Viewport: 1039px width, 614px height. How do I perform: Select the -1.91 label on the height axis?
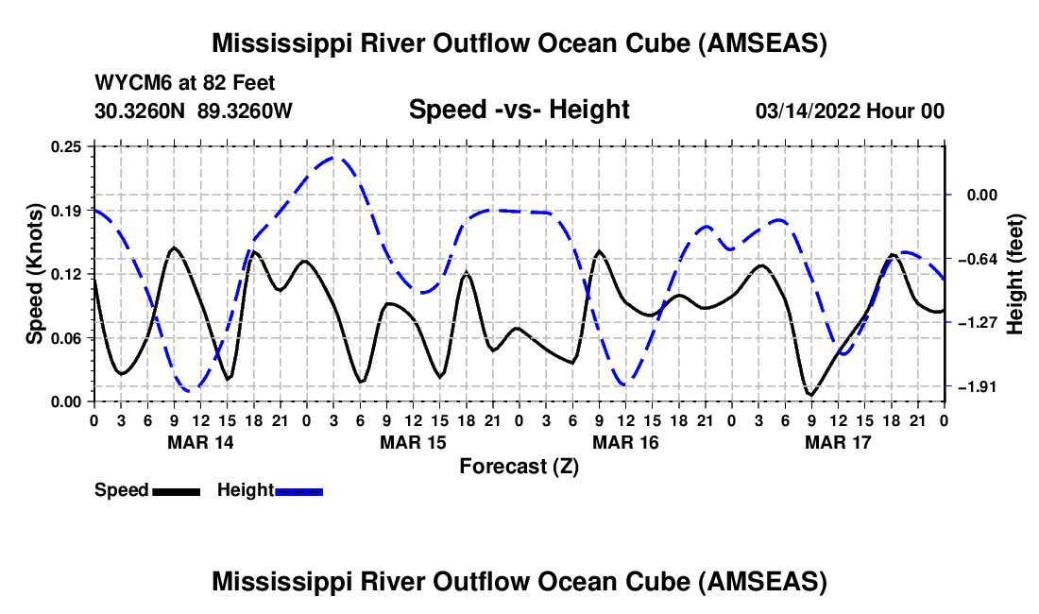click(x=976, y=386)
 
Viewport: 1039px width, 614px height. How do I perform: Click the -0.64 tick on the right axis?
click(x=976, y=258)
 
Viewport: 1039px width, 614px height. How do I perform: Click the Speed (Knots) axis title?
click(x=34, y=274)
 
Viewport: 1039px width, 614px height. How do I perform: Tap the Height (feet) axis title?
click(x=1016, y=274)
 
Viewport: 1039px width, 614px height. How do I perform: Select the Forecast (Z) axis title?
click(x=519, y=466)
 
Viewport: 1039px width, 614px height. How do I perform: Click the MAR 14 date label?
click(x=200, y=442)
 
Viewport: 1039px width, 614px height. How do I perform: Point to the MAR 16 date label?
click(x=625, y=442)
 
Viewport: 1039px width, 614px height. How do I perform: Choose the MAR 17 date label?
click(x=838, y=442)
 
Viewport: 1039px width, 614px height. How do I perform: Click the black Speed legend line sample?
click(x=176, y=491)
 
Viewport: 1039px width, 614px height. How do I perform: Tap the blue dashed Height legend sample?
click(x=299, y=491)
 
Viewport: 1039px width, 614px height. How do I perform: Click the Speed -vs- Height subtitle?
click(x=519, y=111)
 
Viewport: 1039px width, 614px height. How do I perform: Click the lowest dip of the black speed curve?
click(x=810, y=395)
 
